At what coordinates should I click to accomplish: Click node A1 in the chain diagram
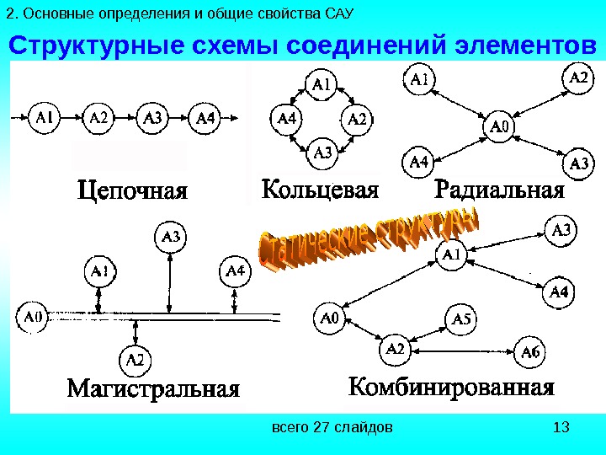tap(45, 117)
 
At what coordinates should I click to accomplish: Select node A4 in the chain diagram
tap(205, 117)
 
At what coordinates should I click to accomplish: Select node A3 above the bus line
tap(171, 238)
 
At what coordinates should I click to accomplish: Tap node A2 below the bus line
tap(135, 361)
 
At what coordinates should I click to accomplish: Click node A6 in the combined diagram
tap(531, 351)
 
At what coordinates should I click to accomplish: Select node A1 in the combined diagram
tap(451, 253)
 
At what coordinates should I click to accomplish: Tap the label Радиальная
tap(499, 189)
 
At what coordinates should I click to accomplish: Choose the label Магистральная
tap(153, 390)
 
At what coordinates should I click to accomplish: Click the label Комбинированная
tap(451, 388)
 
